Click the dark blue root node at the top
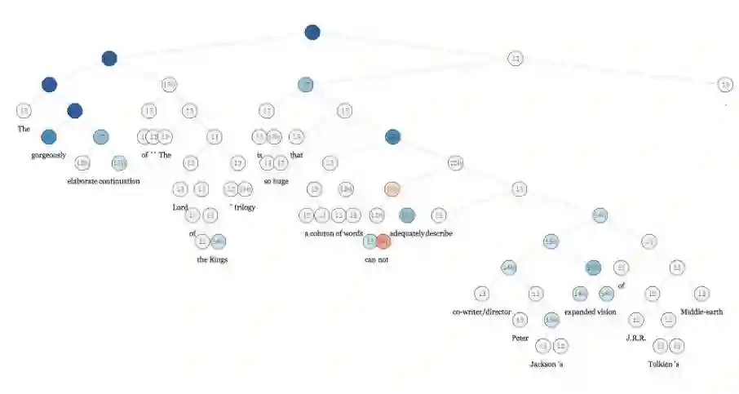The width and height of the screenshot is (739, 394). tap(312, 33)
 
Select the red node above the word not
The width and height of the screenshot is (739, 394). tap(383, 241)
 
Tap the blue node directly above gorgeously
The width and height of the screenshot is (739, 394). tap(49, 137)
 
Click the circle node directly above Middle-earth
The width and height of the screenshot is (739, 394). tap(701, 294)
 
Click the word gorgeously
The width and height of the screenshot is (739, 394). tap(49, 155)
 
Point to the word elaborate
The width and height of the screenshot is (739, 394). tap(84, 181)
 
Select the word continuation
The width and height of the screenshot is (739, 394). tap(121, 181)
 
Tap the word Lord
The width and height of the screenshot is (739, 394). tap(180, 207)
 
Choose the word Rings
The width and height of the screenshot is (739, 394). tap(218, 259)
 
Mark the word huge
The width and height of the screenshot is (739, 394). tap(279, 181)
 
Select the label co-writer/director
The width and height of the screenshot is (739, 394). tap(481, 312)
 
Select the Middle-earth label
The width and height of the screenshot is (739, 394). tap(701, 312)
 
